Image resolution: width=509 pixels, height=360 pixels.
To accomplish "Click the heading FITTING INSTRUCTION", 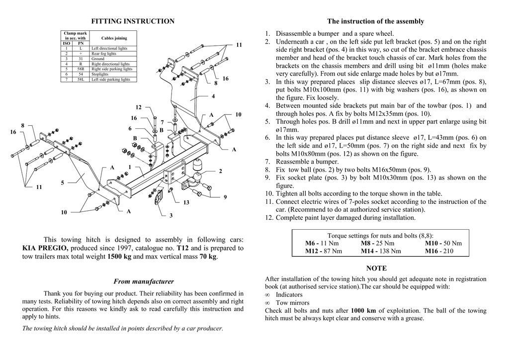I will (133, 21).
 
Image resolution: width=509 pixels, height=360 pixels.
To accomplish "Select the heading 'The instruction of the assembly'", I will (375, 21).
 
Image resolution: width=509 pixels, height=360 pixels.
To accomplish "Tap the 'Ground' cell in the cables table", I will (98, 59).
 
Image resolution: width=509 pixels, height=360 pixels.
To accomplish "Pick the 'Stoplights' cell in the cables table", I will (100, 74).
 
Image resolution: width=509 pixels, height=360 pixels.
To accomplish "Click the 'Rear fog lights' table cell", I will (104, 54).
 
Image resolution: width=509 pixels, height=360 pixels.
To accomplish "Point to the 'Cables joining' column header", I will (114, 38).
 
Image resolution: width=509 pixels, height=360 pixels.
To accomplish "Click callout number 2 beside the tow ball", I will (220, 171).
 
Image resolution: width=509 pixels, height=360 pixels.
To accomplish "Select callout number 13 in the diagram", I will (186, 202).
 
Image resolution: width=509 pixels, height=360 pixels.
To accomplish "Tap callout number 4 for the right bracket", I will (213, 96).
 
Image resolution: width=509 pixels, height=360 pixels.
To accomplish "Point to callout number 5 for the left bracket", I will (63, 183).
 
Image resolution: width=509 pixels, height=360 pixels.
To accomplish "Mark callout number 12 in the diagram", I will (139, 107).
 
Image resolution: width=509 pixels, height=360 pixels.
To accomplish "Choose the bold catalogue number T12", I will (182, 248).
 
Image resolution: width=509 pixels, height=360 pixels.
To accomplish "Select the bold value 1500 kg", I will (119, 257).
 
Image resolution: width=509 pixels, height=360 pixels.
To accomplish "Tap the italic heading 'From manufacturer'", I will (144, 281).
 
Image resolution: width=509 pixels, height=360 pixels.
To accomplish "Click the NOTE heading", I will (376, 269).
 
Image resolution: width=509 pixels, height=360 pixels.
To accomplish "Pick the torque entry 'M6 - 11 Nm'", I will (322, 243).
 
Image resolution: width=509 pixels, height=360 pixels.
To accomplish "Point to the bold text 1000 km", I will (363, 311).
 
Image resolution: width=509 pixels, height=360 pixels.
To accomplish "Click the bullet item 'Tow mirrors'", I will (292, 303).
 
